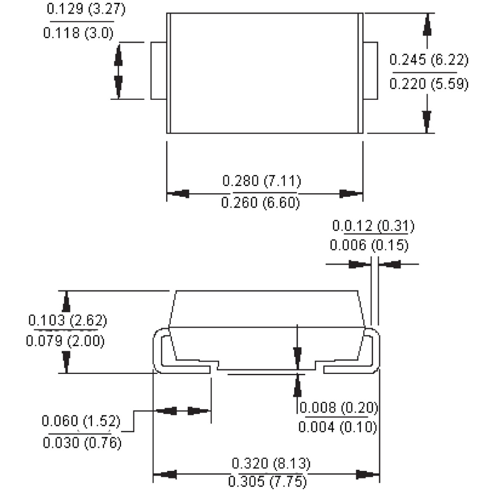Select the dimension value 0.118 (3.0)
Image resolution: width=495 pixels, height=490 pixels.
78,33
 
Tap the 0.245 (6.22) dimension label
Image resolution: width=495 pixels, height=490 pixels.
428,60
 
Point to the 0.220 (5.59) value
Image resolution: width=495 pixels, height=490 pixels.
428,84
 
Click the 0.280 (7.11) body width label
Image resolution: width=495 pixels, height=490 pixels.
262,181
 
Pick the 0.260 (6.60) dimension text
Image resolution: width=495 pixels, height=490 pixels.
261,203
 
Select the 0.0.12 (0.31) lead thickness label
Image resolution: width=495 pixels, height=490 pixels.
373,226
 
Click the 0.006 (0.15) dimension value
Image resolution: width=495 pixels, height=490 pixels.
369,245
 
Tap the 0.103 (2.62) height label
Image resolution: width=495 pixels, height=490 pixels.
67,320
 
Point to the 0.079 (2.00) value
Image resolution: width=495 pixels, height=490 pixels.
65,342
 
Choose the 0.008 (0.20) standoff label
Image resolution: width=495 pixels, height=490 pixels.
339,408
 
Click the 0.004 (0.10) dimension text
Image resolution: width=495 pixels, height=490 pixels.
337,427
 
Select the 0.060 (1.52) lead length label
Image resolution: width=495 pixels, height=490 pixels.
81,421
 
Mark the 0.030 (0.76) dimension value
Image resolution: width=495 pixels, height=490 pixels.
82,443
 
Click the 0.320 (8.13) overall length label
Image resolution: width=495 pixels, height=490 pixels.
271,463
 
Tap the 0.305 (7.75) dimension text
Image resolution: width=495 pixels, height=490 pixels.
267,482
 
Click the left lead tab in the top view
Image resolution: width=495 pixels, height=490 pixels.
159,71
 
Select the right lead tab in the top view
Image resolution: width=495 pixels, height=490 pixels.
370,71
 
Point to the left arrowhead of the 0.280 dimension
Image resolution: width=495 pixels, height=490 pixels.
178,194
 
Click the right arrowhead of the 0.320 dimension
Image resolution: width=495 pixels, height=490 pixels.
368,474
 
